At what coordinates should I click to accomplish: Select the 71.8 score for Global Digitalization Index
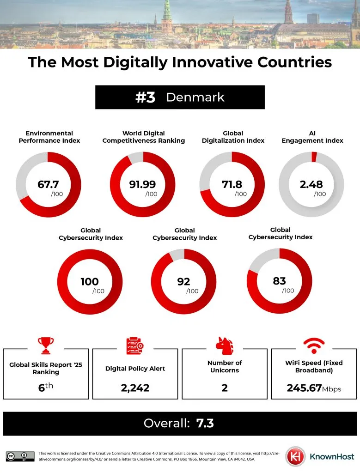(232, 185)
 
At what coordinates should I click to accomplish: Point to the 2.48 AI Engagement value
(311, 185)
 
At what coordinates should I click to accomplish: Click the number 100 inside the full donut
(90, 281)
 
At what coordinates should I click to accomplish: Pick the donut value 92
(184, 281)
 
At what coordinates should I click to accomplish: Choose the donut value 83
(279, 281)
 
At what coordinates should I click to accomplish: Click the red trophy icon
(45, 345)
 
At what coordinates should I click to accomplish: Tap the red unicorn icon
(225, 345)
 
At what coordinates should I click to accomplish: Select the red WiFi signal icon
(314, 345)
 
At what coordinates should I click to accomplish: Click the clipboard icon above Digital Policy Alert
(135, 345)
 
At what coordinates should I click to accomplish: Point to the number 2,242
(135, 388)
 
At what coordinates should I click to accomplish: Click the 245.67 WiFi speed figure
(304, 388)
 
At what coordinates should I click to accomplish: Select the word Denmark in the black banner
(195, 97)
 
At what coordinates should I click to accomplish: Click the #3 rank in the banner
(145, 97)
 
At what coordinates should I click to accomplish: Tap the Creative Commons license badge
(20, 456)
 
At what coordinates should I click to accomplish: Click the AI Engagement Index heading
(312, 137)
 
